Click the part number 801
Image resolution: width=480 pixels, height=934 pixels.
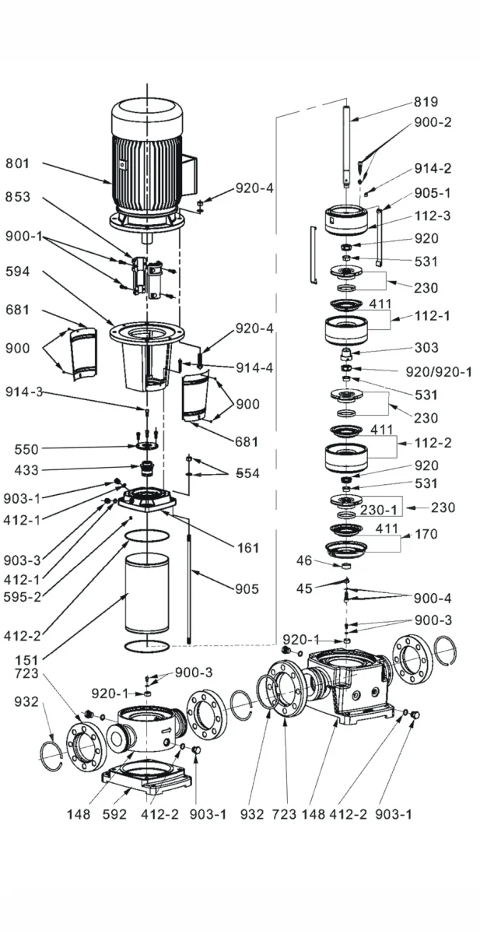click(19, 163)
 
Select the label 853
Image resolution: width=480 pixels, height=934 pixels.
click(19, 197)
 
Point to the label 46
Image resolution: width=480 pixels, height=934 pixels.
click(305, 560)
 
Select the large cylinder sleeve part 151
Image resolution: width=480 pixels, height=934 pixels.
click(146, 593)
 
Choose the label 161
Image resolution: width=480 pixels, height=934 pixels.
click(248, 548)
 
